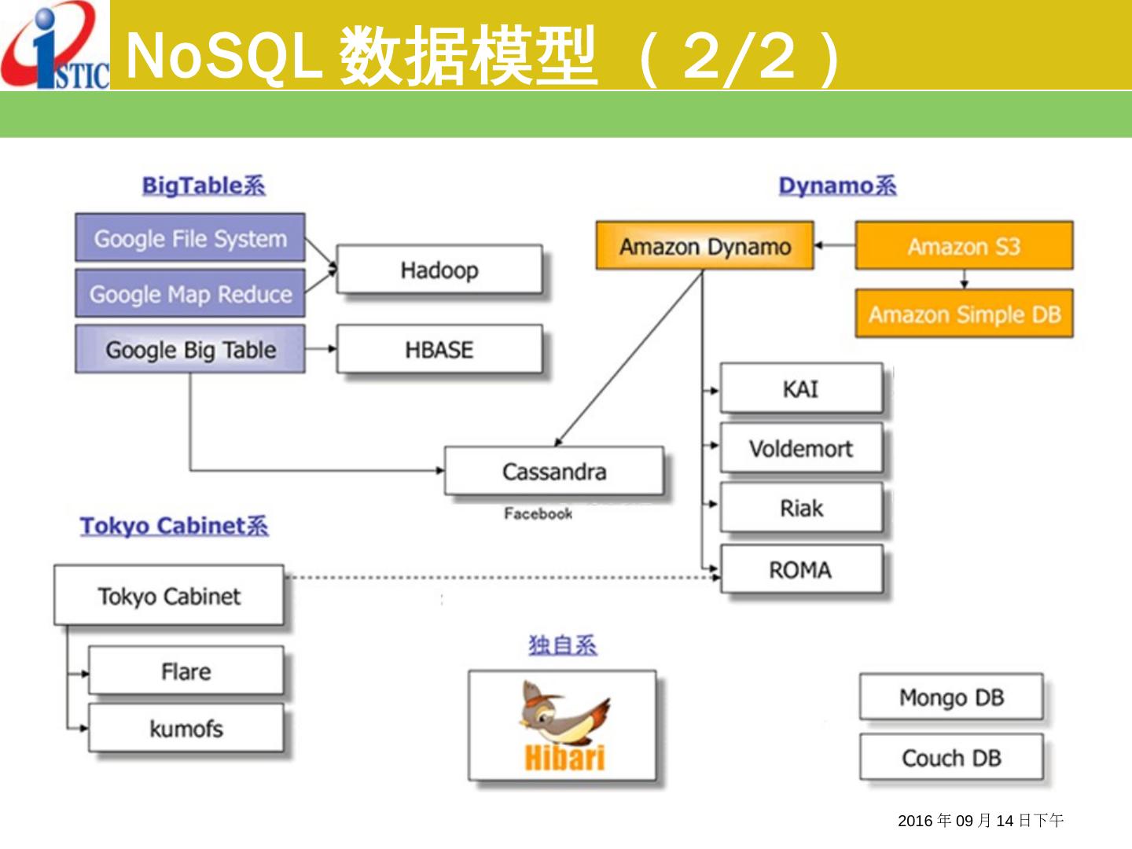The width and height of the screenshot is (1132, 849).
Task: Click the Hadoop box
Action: pos(439,270)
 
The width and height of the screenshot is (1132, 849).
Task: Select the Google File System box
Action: pos(190,237)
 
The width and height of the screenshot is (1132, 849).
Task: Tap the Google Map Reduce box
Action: pos(190,294)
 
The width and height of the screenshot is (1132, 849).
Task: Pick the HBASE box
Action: pos(439,349)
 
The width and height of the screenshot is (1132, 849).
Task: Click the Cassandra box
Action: pos(554,471)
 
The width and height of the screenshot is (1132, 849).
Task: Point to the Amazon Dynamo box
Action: pos(704,246)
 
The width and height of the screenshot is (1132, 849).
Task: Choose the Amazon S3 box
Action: pos(964,246)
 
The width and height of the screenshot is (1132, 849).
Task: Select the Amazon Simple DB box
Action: pos(964,314)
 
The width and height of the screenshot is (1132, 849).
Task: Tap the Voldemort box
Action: pos(801,448)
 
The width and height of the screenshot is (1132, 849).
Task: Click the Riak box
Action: pos(801,508)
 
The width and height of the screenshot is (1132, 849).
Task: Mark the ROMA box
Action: pos(801,569)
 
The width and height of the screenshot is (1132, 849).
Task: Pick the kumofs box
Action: pos(186,728)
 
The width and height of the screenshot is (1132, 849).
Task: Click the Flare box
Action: pos(186,671)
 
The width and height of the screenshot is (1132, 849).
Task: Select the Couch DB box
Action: pos(951,758)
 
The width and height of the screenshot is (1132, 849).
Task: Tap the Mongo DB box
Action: pos(951,696)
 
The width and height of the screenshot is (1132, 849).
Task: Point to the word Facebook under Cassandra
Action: pos(538,513)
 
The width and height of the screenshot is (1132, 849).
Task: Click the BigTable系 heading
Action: pos(204,186)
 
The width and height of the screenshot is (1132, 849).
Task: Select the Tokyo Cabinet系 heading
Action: pos(174,525)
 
